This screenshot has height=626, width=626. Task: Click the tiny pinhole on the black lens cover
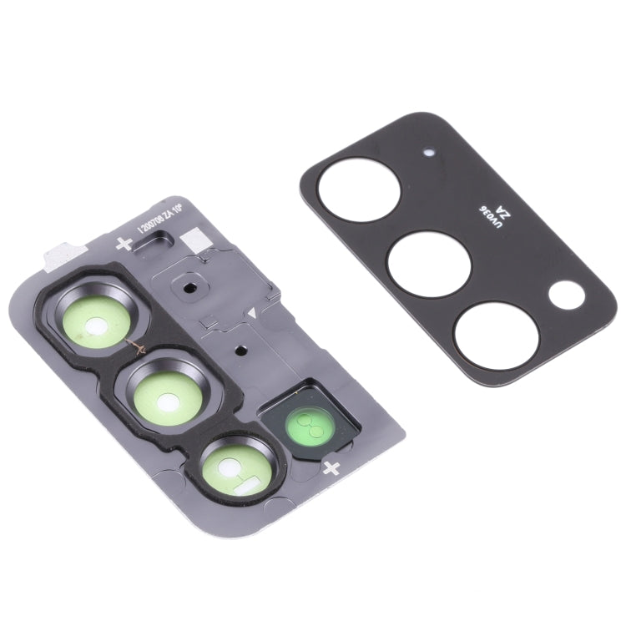pyautogui.click(x=429, y=153)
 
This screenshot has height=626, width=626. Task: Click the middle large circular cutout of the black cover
pyautogui.click(x=429, y=263)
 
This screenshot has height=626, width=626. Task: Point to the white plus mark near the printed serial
pyautogui.click(x=124, y=244)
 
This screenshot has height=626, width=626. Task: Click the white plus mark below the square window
pyautogui.click(x=331, y=467)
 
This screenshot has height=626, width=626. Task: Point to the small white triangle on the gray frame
pyautogui.click(x=250, y=313)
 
